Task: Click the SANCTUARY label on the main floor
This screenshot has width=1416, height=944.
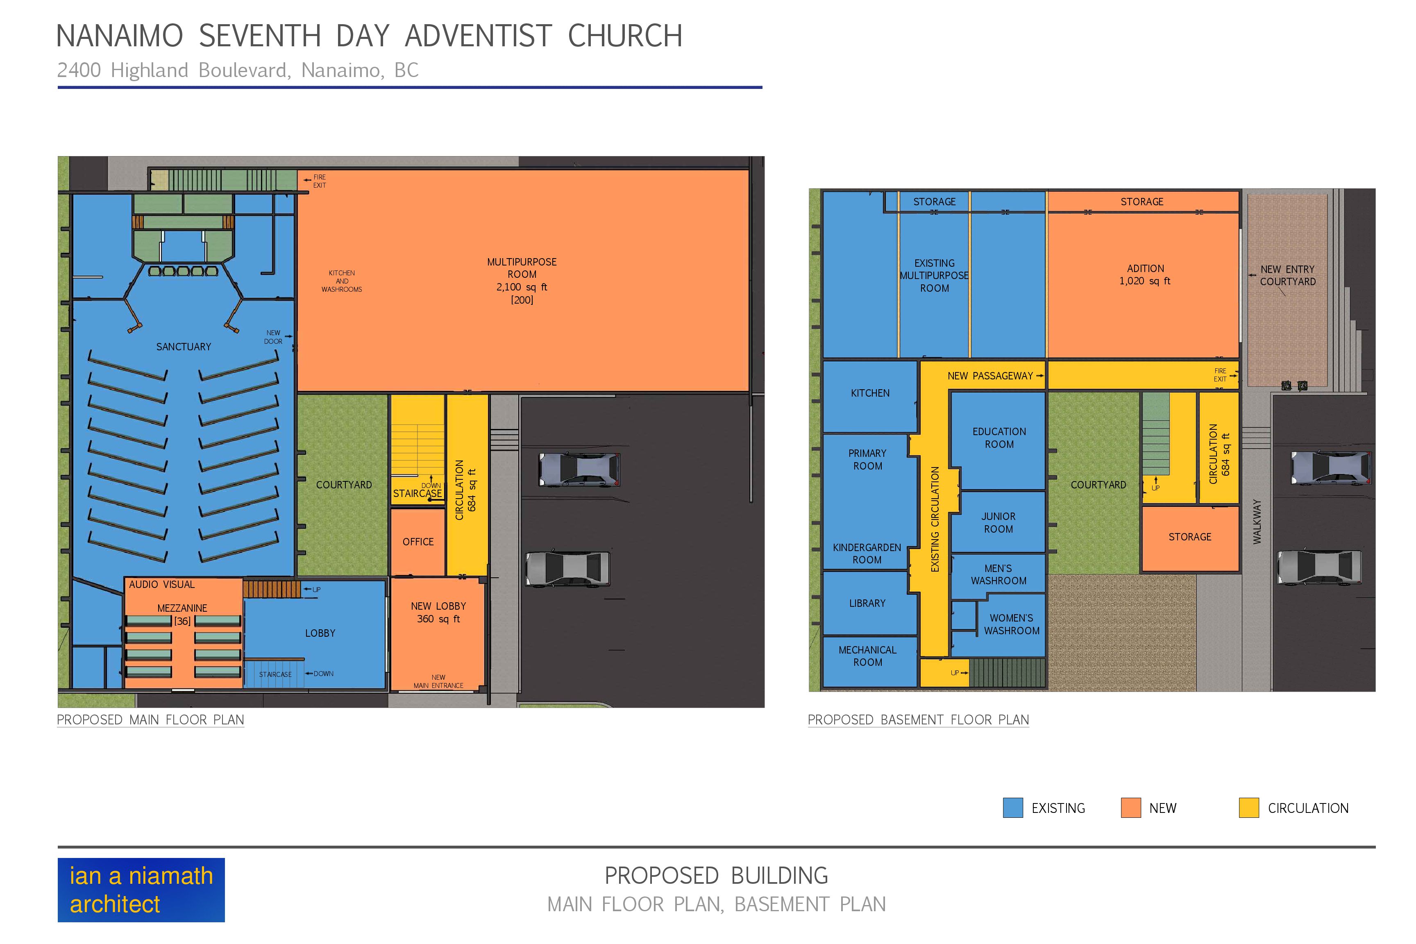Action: pos(184,347)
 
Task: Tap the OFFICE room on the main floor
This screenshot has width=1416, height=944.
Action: pos(418,542)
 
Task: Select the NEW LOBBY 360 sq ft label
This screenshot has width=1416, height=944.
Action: pos(438,612)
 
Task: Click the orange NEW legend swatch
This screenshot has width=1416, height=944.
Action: pos(1131,808)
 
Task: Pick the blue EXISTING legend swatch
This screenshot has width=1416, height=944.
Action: pos(1013,808)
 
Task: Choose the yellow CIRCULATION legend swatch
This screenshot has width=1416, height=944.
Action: pos(1249,808)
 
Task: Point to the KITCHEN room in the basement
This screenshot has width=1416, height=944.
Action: pos(870,396)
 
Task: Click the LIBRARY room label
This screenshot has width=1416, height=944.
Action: pos(867,603)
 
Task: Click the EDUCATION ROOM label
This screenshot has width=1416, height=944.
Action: pos(999,438)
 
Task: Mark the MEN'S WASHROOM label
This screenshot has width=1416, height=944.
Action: pos(998,574)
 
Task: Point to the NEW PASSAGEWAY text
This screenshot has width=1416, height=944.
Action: pos(990,376)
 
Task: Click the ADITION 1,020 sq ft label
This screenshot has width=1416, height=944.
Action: pos(1145,275)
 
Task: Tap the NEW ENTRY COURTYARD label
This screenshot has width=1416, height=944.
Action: pos(1288,275)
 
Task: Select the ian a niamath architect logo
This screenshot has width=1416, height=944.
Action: pos(141,890)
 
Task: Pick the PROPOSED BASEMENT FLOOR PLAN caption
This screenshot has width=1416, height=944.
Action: pos(918,719)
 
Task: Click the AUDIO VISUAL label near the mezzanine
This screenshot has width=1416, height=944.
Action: pos(161,585)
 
